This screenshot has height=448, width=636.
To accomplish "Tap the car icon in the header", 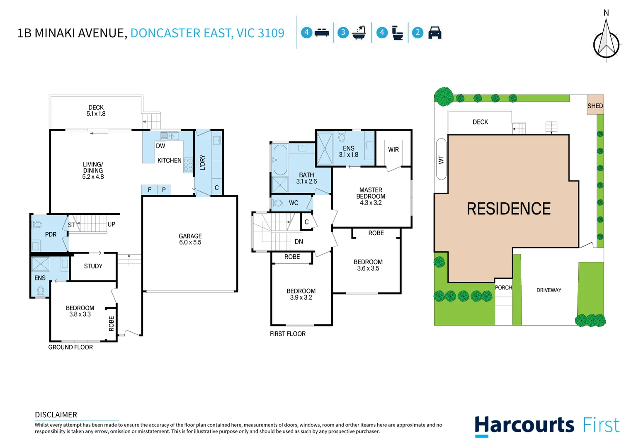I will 435,33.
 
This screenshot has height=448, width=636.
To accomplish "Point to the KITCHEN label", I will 169,161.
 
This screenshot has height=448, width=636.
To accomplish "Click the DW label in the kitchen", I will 160,146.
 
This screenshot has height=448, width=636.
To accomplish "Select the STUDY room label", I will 93,266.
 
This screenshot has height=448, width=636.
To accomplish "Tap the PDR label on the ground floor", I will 51,234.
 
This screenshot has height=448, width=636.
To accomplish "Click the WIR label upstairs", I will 393,150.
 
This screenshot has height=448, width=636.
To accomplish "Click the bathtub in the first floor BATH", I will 280,160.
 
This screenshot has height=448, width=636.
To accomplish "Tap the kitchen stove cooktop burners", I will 188,165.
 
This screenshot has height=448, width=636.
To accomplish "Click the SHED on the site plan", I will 595,105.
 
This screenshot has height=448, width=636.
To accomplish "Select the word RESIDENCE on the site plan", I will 509,209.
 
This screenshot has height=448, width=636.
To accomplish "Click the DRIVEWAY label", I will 549,290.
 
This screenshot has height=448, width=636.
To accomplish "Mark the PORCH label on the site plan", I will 503,287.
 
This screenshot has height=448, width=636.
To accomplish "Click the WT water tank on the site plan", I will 441,159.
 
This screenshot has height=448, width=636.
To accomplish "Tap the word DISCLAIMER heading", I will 56,415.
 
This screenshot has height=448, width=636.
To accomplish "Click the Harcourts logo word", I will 524,426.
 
